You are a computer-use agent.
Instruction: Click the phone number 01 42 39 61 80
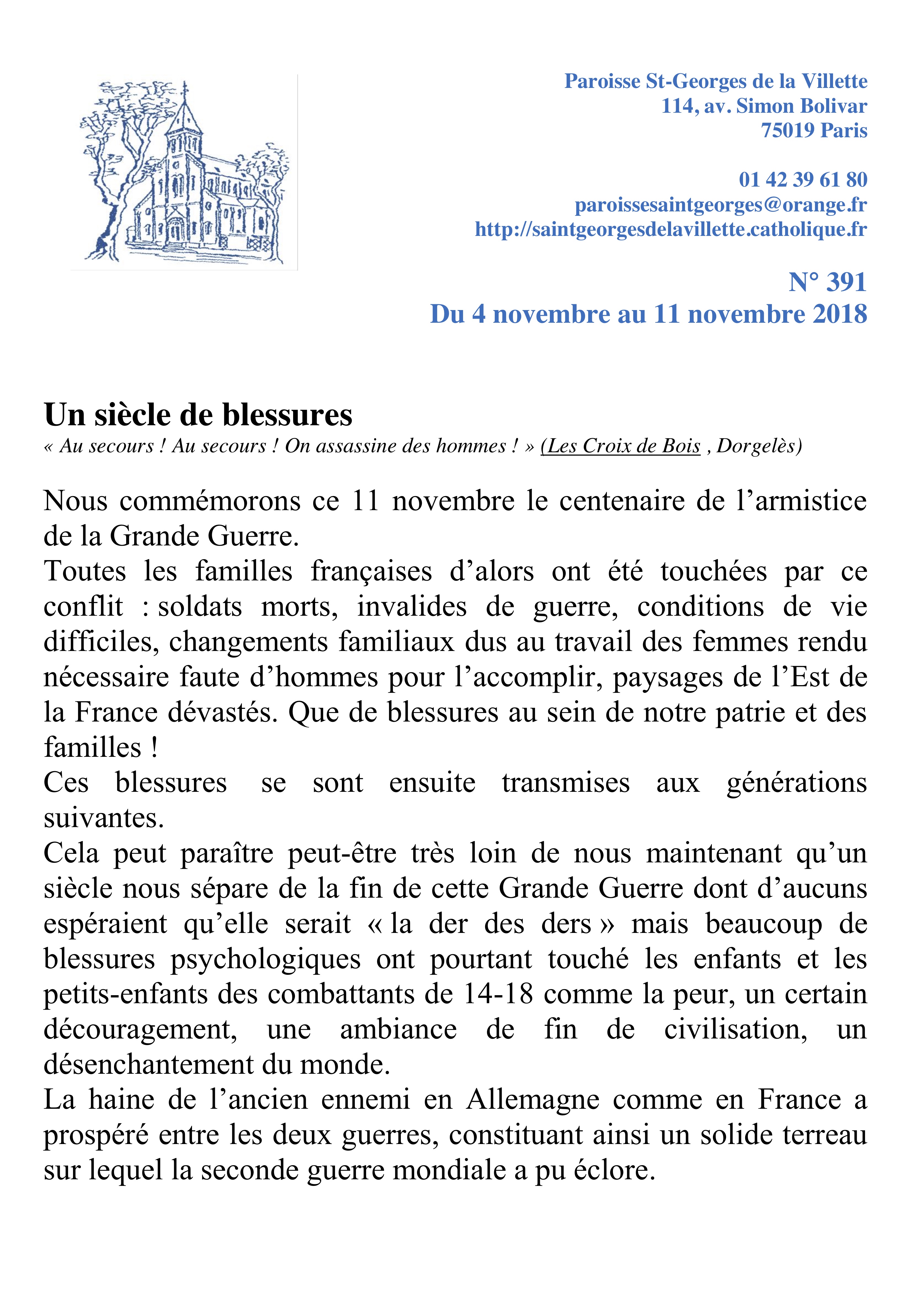[x=803, y=180]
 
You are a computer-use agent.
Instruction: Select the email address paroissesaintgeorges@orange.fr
[x=721, y=205]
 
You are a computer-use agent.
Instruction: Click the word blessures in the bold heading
[x=287, y=415]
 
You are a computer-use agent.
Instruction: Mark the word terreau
[x=825, y=1135]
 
